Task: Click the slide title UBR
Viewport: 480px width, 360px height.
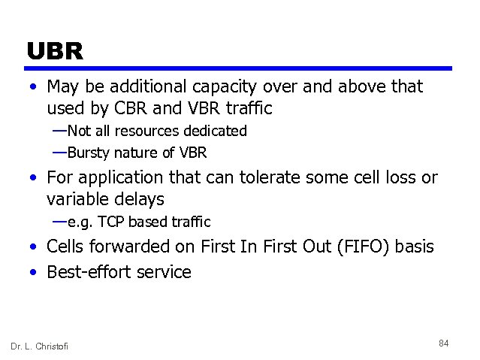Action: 54,51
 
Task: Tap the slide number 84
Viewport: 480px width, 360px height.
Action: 443,343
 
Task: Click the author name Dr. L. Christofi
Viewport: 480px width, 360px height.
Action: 39,346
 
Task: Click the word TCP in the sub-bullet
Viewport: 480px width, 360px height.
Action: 104,222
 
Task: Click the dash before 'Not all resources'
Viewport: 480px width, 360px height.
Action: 59,130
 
